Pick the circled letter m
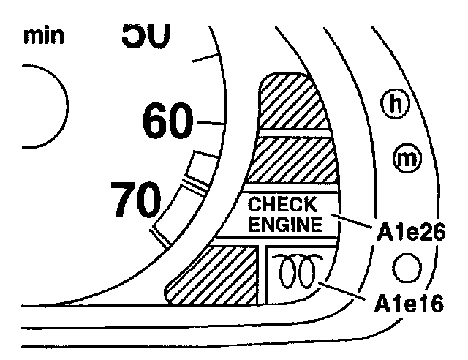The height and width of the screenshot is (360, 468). click(x=404, y=157)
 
